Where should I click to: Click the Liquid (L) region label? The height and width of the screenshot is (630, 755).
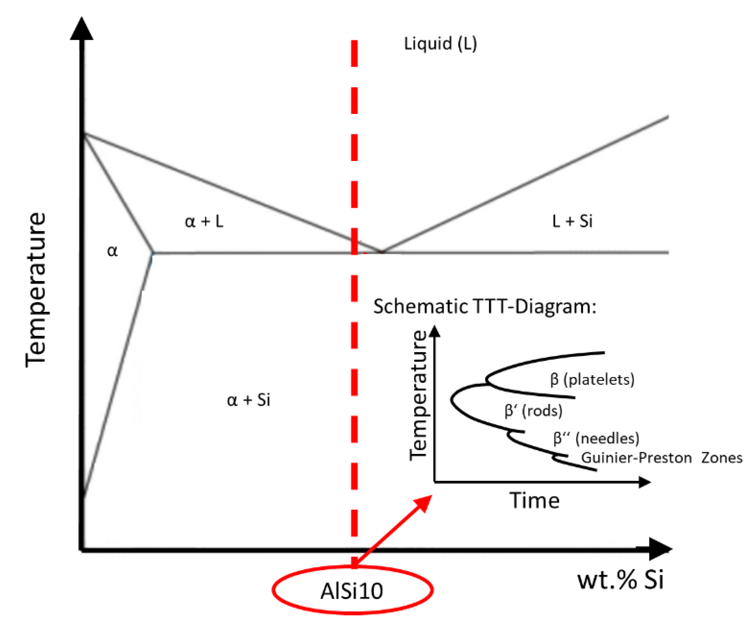[441, 44]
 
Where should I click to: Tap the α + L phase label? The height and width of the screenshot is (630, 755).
[204, 221]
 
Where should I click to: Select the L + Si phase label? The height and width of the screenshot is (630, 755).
[572, 221]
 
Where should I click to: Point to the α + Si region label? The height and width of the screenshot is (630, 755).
[248, 400]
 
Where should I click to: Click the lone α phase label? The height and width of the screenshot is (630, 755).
[112, 251]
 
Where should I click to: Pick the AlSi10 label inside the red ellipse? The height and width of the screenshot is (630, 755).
[352, 591]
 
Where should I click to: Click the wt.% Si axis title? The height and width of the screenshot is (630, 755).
[620, 580]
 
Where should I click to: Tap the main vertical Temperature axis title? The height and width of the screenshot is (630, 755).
[36, 290]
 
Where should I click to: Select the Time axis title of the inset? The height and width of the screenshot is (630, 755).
[535, 501]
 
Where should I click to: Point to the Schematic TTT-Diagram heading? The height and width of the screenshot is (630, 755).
[485, 307]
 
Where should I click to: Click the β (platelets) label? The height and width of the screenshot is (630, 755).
[592, 380]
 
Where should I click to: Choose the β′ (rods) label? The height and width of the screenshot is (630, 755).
[533, 411]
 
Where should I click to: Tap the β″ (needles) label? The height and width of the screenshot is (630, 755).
[596, 438]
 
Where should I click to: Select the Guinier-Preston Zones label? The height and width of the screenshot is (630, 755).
[662, 458]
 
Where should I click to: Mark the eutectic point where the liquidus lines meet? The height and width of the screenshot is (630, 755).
[382, 252]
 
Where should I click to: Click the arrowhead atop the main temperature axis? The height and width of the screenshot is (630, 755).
[82, 29]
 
